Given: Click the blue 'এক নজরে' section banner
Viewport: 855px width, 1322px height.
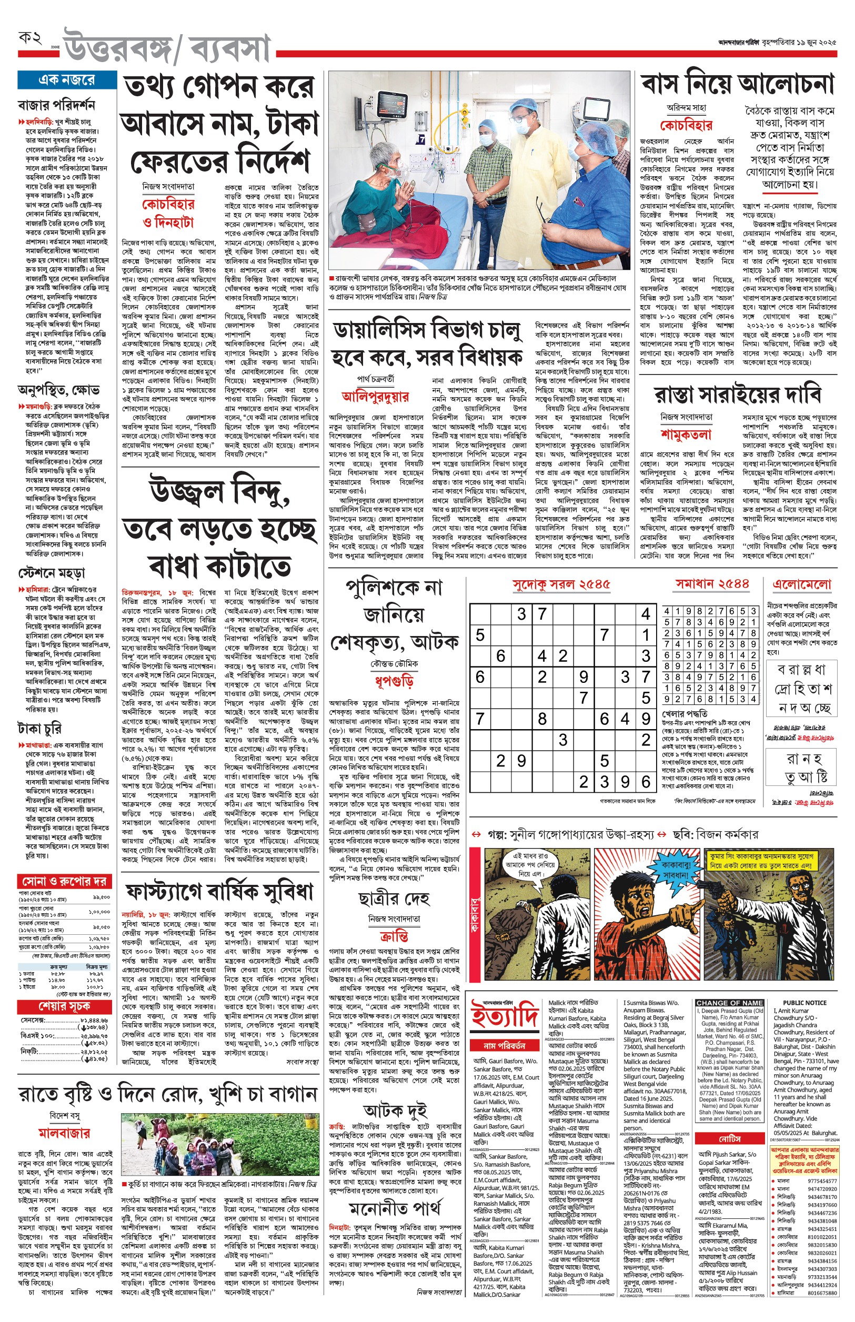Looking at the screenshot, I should [67, 80].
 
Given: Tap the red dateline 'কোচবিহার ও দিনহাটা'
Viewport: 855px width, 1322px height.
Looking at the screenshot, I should [168, 213].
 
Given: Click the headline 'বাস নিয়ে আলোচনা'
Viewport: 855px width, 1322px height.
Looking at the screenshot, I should [738, 84].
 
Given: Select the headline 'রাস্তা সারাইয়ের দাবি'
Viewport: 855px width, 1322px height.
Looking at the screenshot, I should [738, 395].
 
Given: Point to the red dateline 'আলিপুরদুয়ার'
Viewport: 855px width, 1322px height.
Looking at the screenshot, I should [375, 396].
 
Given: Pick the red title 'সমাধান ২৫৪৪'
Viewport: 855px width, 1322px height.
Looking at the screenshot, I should [712, 584].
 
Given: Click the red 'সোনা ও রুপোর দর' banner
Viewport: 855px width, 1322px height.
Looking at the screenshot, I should [64, 881].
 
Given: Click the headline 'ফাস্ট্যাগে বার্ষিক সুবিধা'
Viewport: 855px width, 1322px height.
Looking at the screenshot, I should [219, 892].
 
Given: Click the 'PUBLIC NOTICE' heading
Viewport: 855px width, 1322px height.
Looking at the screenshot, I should [804, 1003].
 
